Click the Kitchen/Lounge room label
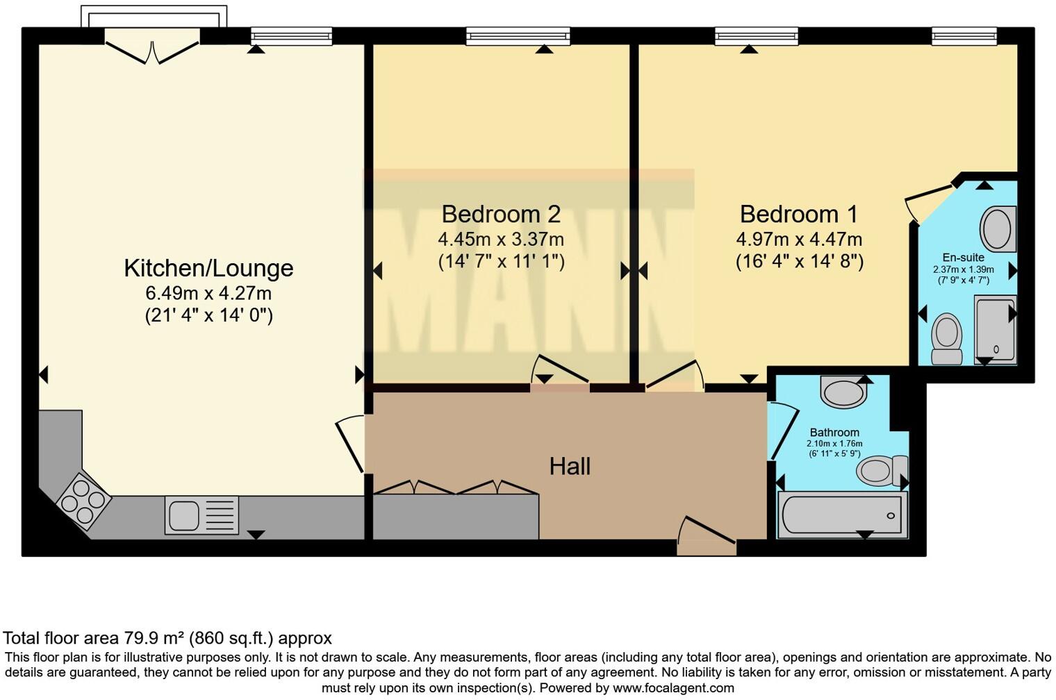208,268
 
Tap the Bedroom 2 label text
500,214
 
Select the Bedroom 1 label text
799,214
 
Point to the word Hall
570,466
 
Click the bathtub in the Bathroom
842,515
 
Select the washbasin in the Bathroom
843,392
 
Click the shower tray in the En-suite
995,329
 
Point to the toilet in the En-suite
946,338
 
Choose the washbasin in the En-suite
998,228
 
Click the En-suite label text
963,258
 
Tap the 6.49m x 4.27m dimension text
208,293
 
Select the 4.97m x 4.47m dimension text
799,240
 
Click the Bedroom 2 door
560,372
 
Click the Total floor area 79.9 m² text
167,637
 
